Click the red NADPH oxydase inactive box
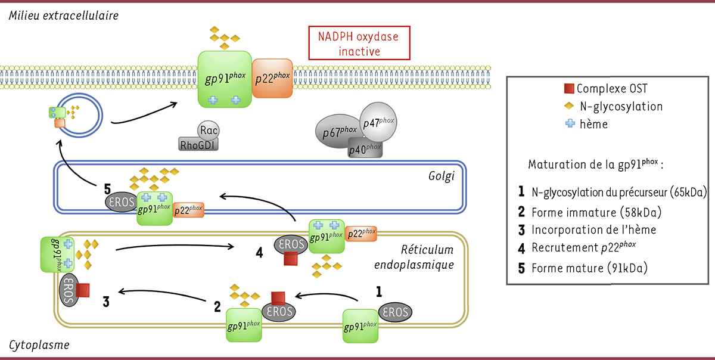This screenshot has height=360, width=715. (359, 44)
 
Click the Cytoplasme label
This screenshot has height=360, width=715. (39, 345)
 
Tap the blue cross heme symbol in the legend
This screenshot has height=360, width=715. (570, 124)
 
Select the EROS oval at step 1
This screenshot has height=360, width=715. (394, 312)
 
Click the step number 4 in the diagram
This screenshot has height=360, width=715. (259, 252)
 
